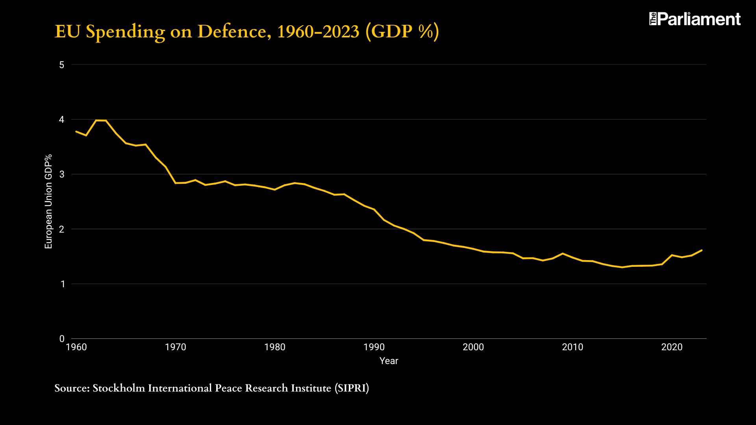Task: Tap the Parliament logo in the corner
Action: (695, 19)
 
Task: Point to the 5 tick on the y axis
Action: (62, 65)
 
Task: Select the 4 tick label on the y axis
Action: (62, 120)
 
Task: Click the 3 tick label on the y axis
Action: (62, 174)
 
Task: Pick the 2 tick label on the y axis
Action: (62, 229)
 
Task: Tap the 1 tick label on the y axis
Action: (62, 284)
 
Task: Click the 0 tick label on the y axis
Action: (62, 339)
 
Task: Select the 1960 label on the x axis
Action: (76, 347)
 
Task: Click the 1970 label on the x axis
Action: (176, 347)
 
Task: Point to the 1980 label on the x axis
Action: (275, 347)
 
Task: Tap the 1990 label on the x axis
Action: (374, 347)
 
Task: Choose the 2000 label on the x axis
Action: (473, 347)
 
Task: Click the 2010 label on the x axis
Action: (573, 347)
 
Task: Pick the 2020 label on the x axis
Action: (672, 347)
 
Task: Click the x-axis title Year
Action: (389, 361)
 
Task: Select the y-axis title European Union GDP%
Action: (48, 201)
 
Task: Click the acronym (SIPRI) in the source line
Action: (352, 388)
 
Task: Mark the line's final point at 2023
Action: (702, 250)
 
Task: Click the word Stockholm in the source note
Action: (119, 388)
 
